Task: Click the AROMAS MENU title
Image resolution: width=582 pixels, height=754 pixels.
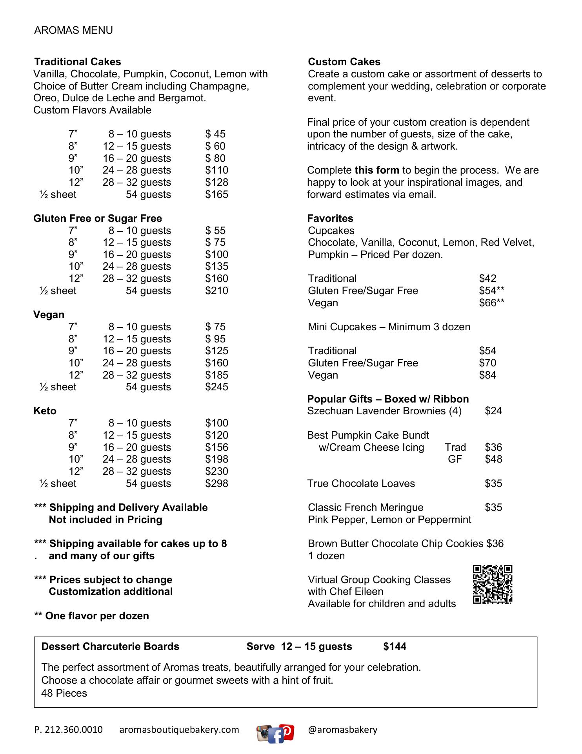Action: point(73,30)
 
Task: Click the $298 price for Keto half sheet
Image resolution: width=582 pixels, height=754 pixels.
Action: point(216,483)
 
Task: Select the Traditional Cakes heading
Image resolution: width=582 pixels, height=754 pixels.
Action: point(78,62)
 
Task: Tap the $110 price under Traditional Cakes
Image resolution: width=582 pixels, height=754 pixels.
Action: point(216,170)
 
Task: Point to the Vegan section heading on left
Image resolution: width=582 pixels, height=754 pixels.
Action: point(49,315)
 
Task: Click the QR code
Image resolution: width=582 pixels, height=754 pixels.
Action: point(493,584)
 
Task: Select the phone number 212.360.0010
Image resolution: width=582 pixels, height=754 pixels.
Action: point(69,730)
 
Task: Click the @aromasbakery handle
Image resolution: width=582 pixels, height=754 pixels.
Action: point(342,730)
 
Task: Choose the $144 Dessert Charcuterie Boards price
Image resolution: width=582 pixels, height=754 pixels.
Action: point(395,647)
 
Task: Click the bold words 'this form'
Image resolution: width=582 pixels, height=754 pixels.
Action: point(376,170)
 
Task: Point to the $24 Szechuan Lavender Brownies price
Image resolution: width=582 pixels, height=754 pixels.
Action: point(493,411)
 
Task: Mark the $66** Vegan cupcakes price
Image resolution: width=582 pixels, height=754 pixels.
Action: point(491,303)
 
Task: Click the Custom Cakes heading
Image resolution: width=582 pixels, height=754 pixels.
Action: point(344,62)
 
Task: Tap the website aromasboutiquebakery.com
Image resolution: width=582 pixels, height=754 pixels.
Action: point(179,730)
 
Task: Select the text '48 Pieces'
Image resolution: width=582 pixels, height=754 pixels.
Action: point(64,693)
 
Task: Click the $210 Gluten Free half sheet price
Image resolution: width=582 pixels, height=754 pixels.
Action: point(216,291)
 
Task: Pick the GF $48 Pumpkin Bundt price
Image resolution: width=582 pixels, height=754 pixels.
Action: point(493,459)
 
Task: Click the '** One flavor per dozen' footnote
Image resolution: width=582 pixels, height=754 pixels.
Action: point(92,616)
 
